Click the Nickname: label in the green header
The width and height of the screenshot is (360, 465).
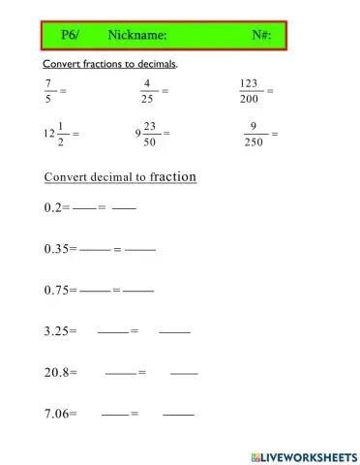137,35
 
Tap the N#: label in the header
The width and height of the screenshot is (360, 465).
261,35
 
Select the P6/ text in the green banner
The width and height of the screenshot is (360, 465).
70,35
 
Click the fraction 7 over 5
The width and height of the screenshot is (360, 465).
50,90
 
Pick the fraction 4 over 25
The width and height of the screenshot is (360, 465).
146,90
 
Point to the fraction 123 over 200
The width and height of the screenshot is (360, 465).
251,90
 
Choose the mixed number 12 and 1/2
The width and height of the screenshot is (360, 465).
55,133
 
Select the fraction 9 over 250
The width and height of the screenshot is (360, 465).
254,133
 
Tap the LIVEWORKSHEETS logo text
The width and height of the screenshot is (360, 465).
311,455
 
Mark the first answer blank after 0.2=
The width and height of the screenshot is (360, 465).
84,209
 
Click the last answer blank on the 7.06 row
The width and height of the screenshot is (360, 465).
179,416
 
